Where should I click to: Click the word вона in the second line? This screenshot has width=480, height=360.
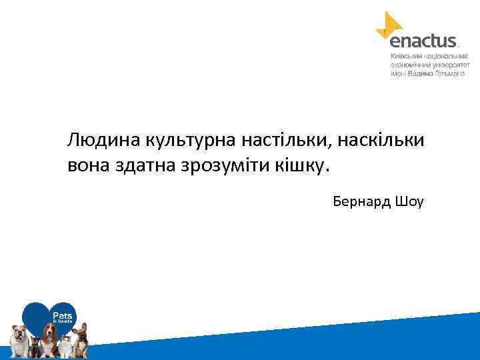coord(86,165)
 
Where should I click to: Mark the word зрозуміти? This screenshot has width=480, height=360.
coord(223,165)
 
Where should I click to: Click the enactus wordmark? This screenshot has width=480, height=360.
coord(423,41)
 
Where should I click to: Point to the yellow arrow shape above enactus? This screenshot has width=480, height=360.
coord(391,24)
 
